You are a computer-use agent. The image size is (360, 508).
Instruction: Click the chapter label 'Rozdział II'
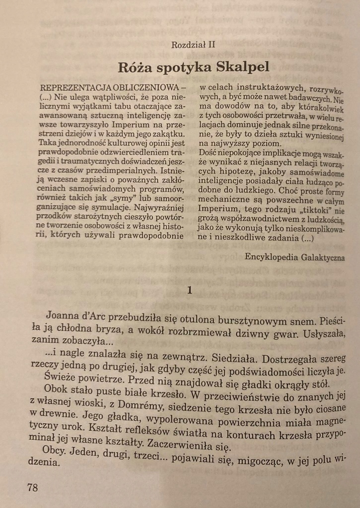(x=193, y=45)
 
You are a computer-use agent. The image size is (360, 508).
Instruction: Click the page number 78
(x=32, y=488)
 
